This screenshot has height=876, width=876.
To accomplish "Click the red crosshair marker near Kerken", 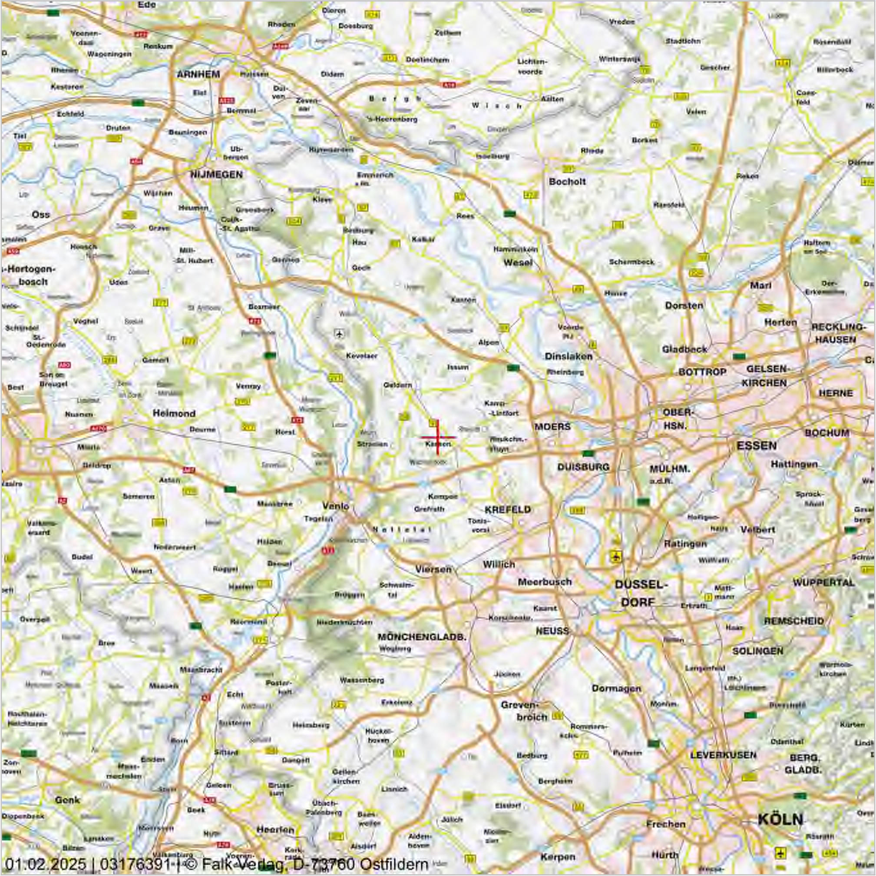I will click(437, 437).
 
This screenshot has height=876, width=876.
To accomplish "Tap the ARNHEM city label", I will click(198, 74).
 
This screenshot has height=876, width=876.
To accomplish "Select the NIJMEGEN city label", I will click(216, 175).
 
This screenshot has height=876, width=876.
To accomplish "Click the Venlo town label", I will click(336, 506).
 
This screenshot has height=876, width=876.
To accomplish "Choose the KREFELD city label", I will click(507, 509).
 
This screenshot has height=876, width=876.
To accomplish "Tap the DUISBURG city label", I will click(583, 467).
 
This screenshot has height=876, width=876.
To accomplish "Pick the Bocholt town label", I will click(567, 182).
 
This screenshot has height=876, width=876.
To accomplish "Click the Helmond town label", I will click(174, 413).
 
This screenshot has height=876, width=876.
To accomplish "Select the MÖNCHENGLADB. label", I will click(422, 637).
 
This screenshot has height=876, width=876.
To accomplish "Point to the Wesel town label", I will click(518, 262).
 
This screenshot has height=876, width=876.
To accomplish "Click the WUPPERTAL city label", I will click(823, 582).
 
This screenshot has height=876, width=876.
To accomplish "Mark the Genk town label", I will click(67, 800).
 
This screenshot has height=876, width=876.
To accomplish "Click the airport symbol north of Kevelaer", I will click(339, 334).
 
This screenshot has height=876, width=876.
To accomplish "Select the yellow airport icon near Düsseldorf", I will click(615, 557).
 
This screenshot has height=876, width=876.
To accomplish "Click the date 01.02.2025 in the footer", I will click(45, 863).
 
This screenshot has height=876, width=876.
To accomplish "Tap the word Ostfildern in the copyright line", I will click(394, 863).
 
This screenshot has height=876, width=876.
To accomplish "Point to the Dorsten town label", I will click(684, 305).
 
